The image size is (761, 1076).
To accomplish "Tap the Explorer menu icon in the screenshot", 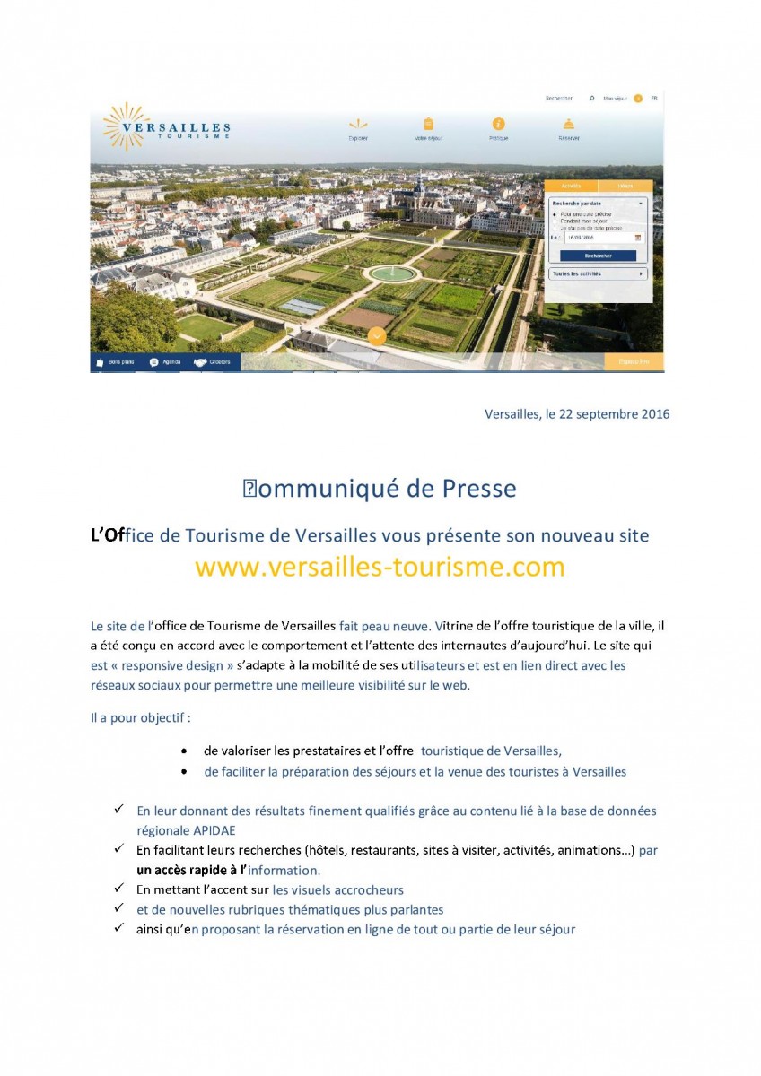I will (x=358, y=125).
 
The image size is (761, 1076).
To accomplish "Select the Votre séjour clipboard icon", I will (x=428, y=125).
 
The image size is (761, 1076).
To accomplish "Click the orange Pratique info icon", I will (x=499, y=125).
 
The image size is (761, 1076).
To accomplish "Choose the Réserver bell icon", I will (x=568, y=125).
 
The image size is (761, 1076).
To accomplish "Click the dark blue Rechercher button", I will (x=598, y=256).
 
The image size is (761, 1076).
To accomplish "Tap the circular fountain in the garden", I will (x=392, y=273).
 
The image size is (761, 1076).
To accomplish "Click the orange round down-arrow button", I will (x=377, y=336).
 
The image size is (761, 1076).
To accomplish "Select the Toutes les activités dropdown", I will (x=598, y=273).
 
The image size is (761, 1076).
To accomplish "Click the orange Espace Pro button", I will (x=634, y=362).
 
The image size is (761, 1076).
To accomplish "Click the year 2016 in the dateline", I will (x=652, y=414).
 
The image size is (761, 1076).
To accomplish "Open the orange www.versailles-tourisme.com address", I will (x=380, y=568).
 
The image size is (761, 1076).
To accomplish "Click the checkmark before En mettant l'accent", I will (x=118, y=889).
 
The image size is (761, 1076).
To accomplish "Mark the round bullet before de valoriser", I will (x=184, y=751).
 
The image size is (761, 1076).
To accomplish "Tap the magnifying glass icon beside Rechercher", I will (x=591, y=98).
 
